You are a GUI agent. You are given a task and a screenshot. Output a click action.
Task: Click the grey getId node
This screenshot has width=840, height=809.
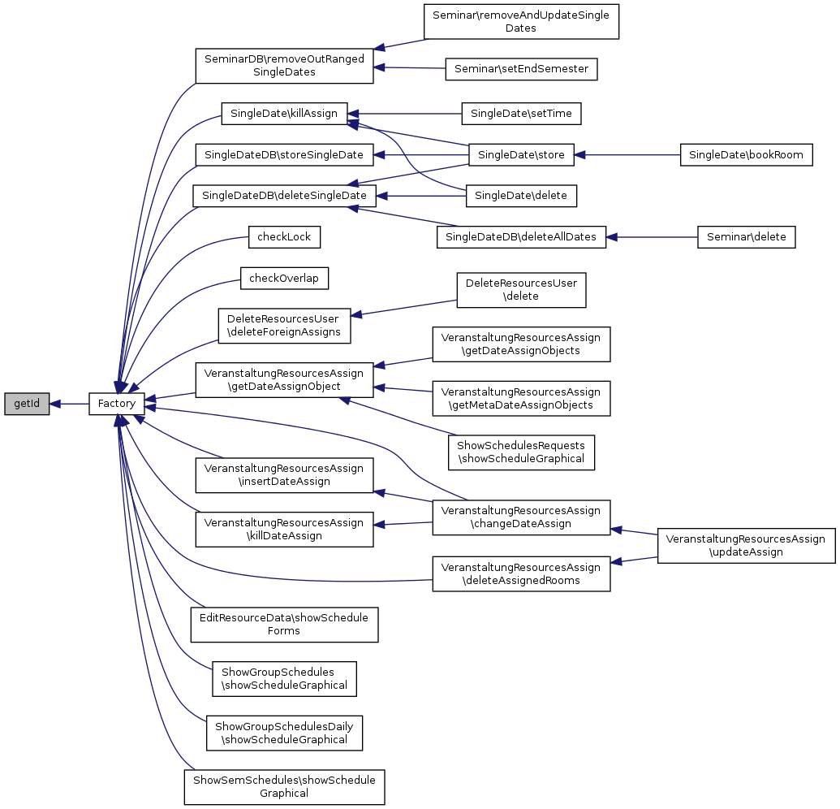pyautogui.click(x=27, y=404)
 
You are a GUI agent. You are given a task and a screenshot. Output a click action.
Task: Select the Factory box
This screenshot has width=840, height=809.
pyautogui.click(x=117, y=404)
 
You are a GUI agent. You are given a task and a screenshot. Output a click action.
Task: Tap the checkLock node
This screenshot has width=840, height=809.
pyautogui.click(x=284, y=237)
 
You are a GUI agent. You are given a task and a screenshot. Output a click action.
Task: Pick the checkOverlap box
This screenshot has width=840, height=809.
pyautogui.click(x=284, y=279)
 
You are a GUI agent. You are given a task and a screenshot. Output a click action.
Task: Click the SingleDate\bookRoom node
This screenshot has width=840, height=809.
pyautogui.click(x=746, y=154)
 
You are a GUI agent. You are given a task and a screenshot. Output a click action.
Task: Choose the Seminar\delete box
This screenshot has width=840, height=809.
pyautogui.click(x=746, y=237)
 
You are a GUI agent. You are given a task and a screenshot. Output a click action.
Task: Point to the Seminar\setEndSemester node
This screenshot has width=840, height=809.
pyautogui.click(x=521, y=69)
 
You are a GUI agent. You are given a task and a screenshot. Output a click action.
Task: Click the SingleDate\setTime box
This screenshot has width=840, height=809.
pyautogui.click(x=521, y=114)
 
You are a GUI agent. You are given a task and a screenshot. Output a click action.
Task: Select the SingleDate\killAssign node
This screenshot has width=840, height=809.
pyautogui.click(x=284, y=114)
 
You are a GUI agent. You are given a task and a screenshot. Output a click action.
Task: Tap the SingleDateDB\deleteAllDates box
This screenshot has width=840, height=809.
pyautogui.click(x=521, y=237)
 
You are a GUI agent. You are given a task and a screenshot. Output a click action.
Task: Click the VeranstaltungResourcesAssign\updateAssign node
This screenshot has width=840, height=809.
pyautogui.click(x=746, y=546)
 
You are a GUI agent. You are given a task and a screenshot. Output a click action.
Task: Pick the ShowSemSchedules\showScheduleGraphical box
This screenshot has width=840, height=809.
pyautogui.click(x=284, y=787)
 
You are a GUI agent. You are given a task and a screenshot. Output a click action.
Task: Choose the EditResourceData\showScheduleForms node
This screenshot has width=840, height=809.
pyautogui.click(x=284, y=625)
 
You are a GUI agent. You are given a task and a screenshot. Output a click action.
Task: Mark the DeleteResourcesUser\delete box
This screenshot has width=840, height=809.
pyautogui.click(x=521, y=290)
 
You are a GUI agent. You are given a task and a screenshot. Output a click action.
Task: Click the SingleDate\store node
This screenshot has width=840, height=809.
pyautogui.click(x=521, y=154)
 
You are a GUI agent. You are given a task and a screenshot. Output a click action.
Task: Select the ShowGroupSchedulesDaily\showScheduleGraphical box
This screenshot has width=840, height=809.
pyautogui.click(x=284, y=733)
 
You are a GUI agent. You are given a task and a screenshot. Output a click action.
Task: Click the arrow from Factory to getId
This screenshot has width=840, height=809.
pyautogui.click(x=69, y=404)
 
